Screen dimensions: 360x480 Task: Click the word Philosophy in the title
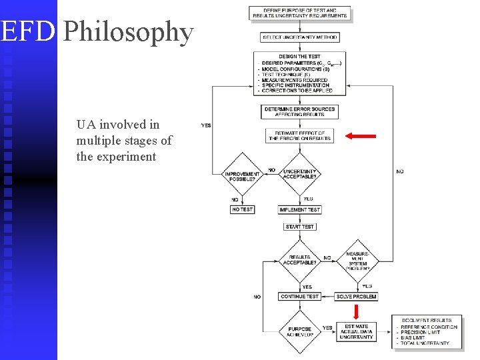click(129, 32)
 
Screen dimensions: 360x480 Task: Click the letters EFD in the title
click(27, 32)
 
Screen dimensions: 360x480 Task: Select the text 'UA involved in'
click(117, 125)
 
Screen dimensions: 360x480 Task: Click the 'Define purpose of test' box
click(299, 13)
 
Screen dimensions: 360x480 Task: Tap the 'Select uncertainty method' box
click(299, 37)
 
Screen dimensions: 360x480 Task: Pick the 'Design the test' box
click(299, 73)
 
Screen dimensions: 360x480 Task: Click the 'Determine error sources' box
click(299, 111)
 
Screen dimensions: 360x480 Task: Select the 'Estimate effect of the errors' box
click(299, 136)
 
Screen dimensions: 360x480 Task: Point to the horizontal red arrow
click(361, 136)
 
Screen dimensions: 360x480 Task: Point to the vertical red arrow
click(357, 311)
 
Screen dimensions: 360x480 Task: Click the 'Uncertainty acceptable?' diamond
click(299, 175)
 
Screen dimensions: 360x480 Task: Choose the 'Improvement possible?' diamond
click(242, 175)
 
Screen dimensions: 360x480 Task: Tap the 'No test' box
click(242, 209)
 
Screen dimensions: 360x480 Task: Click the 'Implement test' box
click(299, 209)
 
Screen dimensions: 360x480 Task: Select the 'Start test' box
click(299, 227)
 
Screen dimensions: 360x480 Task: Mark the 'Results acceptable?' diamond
click(299, 259)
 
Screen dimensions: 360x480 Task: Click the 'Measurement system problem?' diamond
click(357, 260)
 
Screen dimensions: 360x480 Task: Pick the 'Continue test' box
click(299, 296)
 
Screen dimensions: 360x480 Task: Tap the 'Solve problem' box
click(357, 296)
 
